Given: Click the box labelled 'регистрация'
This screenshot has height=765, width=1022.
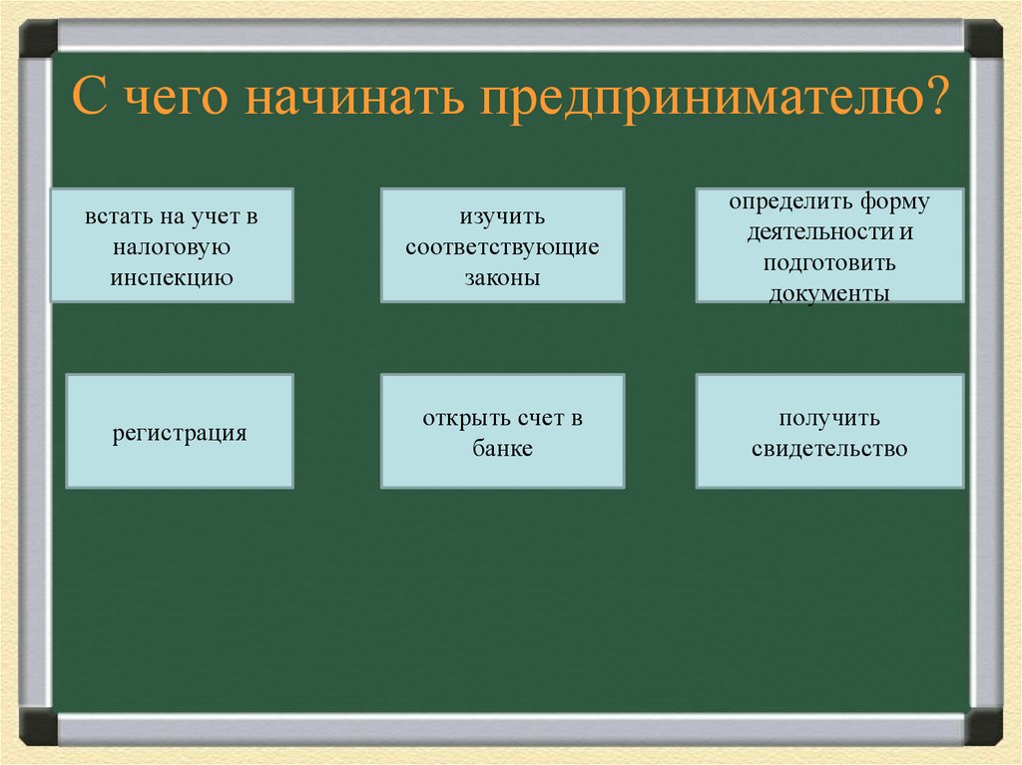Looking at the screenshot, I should (x=180, y=434).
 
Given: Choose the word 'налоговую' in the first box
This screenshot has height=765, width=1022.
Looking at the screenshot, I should (x=173, y=246).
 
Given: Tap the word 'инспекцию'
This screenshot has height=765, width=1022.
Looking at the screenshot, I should (x=173, y=276).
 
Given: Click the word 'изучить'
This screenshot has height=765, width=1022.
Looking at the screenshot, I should (x=502, y=216).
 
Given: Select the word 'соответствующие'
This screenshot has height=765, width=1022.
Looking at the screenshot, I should (x=502, y=246).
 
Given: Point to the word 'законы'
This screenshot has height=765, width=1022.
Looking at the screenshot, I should (x=502, y=277).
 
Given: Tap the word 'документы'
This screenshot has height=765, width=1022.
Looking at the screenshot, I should (x=829, y=294).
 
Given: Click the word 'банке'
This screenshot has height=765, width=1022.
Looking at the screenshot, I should (x=502, y=449).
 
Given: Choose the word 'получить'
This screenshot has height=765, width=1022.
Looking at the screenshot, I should (x=829, y=418).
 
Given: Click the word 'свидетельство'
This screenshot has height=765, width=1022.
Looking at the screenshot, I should (x=829, y=449).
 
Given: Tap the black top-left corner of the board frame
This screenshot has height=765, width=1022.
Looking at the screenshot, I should (x=38, y=39).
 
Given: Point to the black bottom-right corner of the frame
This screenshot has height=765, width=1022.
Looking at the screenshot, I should (x=983, y=726).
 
